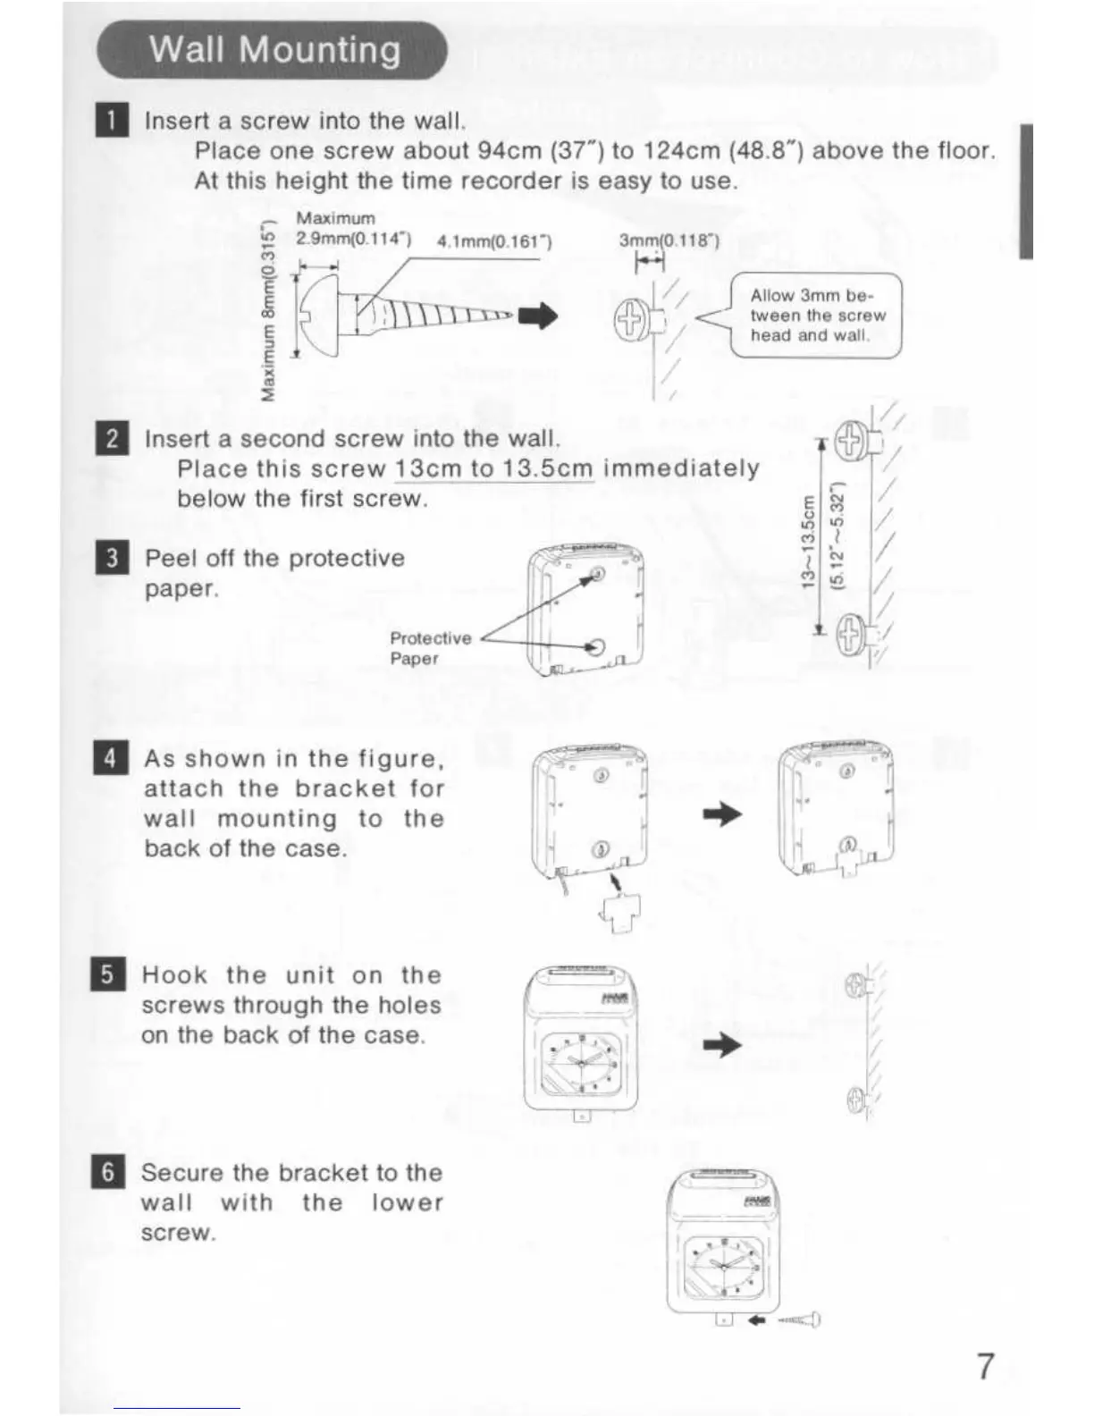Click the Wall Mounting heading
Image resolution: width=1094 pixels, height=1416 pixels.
[x=274, y=50]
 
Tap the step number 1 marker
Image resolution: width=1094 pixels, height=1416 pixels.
[x=111, y=121]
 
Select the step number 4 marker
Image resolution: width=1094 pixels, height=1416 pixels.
[x=111, y=759]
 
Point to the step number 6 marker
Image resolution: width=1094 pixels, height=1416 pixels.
[x=108, y=1172]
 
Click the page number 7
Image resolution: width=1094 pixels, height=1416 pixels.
[x=984, y=1366]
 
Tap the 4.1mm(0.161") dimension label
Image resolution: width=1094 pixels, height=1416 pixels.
[x=493, y=241]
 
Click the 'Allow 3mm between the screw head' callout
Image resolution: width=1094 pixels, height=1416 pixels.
[x=817, y=316]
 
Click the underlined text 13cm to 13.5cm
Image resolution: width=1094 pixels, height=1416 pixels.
[x=494, y=468]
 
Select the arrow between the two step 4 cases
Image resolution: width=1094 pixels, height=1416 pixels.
[x=723, y=813]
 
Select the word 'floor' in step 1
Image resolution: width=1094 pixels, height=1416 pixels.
[x=961, y=150]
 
